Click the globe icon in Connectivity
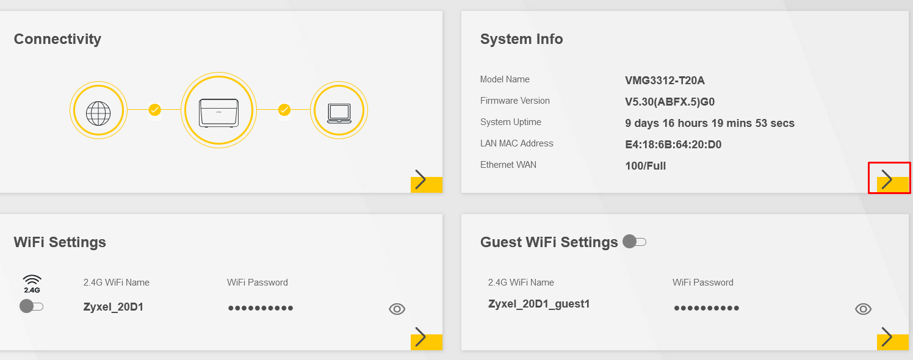(98, 113)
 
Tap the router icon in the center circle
(219, 112)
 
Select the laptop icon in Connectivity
(339, 113)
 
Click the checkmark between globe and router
(154, 110)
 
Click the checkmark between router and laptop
(284, 110)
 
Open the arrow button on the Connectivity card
(426, 180)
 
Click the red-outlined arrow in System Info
(889, 179)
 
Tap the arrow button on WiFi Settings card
(426, 337)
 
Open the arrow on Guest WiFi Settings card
(893, 337)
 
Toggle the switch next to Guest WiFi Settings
(634, 242)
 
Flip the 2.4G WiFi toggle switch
(31, 306)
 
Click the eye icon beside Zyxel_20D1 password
(397, 309)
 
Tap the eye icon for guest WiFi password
(864, 309)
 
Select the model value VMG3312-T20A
(665, 81)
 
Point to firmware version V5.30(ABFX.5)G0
(669, 102)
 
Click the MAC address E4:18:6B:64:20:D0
(673, 145)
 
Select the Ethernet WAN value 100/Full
(645, 166)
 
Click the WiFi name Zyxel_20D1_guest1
(539, 304)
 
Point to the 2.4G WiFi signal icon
(32, 284)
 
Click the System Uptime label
(510, 122)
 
